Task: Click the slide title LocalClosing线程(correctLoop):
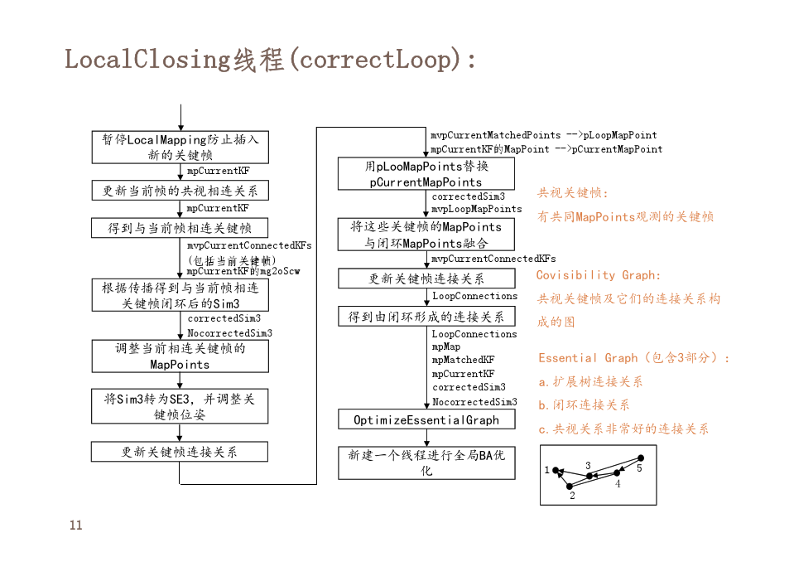270,60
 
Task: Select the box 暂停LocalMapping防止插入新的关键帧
180,148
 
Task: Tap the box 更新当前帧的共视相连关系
180,191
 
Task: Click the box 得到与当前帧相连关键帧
180,228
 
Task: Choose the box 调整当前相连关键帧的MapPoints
180,356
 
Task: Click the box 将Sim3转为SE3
180,406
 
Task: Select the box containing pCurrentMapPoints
426,174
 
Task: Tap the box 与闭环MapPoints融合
426,235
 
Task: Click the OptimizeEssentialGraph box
426,420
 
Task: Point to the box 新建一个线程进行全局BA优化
426,463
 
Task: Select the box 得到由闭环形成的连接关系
426,317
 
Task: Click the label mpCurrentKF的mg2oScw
243,271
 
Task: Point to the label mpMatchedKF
463,360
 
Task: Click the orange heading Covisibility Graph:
599,275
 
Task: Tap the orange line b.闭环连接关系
584,405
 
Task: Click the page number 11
75,526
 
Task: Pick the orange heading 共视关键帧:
573,193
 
